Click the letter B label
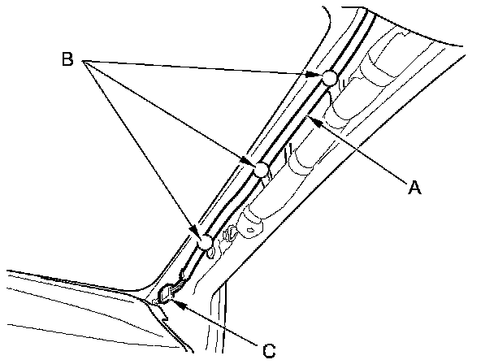pyautogui.click(x=69, y=59)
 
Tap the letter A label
pyautogui.click(x=414, y=188)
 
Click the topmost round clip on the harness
pyautogui.click(x=328, y=78)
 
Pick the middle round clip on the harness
pyautogui.click(x=261, y=170)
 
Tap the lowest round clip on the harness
pyautogui.click(x=205, y=242)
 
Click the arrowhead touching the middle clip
pyautogui.click(x=249, y=164)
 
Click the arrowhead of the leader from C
pyautogui.click(x=175, y=302)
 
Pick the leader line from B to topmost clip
pyautogui.click(x=203, y=68)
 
